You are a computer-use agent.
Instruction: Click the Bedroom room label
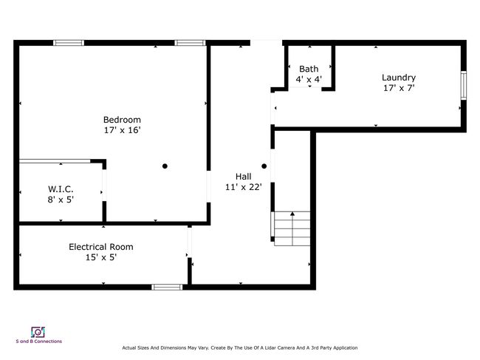[x=122, y=120]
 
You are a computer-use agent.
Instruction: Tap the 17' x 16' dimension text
[x=122, y=130]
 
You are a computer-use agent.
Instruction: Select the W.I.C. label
[x=61, y=189]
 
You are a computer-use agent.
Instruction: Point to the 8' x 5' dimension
[x=61, y=200]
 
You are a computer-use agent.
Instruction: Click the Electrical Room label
[x=101, y=247]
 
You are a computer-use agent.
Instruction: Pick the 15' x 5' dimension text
[x=101, y=257]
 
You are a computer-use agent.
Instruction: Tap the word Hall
[x=244, y=177]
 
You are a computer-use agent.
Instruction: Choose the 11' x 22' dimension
[x=244, y=187]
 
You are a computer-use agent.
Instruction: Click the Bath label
[x=309, y=69]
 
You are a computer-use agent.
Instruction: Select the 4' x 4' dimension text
[x=309, y=79]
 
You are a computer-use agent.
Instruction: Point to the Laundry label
[x=399, y=78]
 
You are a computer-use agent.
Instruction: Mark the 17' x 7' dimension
[x=399, y=88]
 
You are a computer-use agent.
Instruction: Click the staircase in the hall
[x=291, y=228]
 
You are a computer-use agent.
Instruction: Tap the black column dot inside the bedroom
[x=165, y=166]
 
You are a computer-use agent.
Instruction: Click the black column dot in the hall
[x=264, y=166]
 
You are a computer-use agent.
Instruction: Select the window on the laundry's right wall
[x=464, y=85]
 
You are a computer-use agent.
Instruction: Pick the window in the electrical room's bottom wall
[x=167, y=287]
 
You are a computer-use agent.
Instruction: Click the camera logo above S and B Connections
[x=38, y=332]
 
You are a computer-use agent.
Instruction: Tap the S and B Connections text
[x=39, y=342]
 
